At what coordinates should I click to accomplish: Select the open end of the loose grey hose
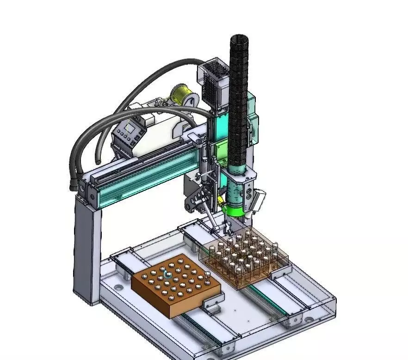(98, 159)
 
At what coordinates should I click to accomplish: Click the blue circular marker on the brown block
(167, 274)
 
